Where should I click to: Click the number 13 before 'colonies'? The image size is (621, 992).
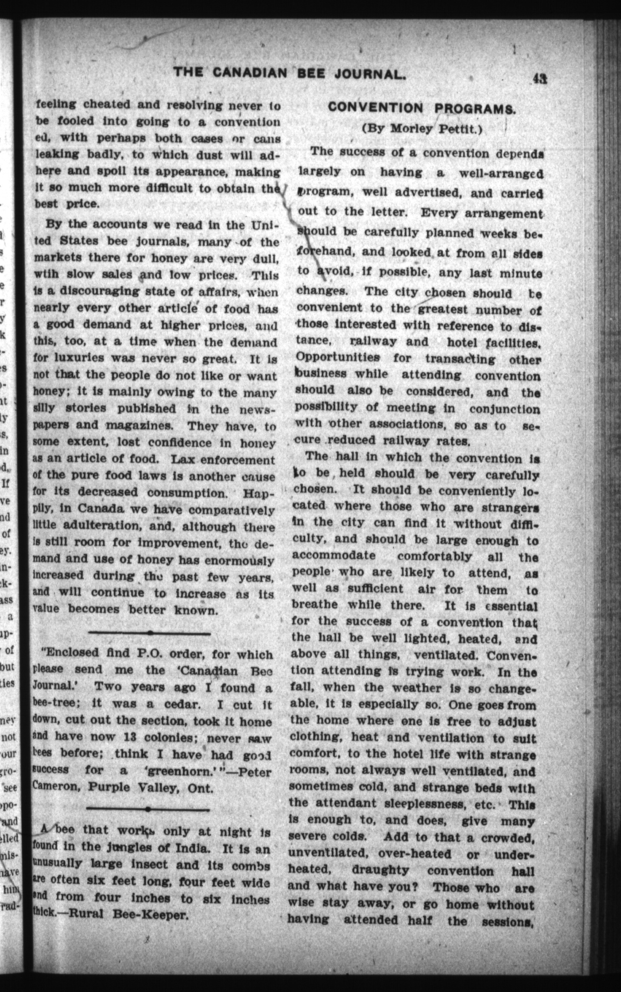click(130, 737)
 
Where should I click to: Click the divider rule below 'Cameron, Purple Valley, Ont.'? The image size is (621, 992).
click(148, 809)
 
